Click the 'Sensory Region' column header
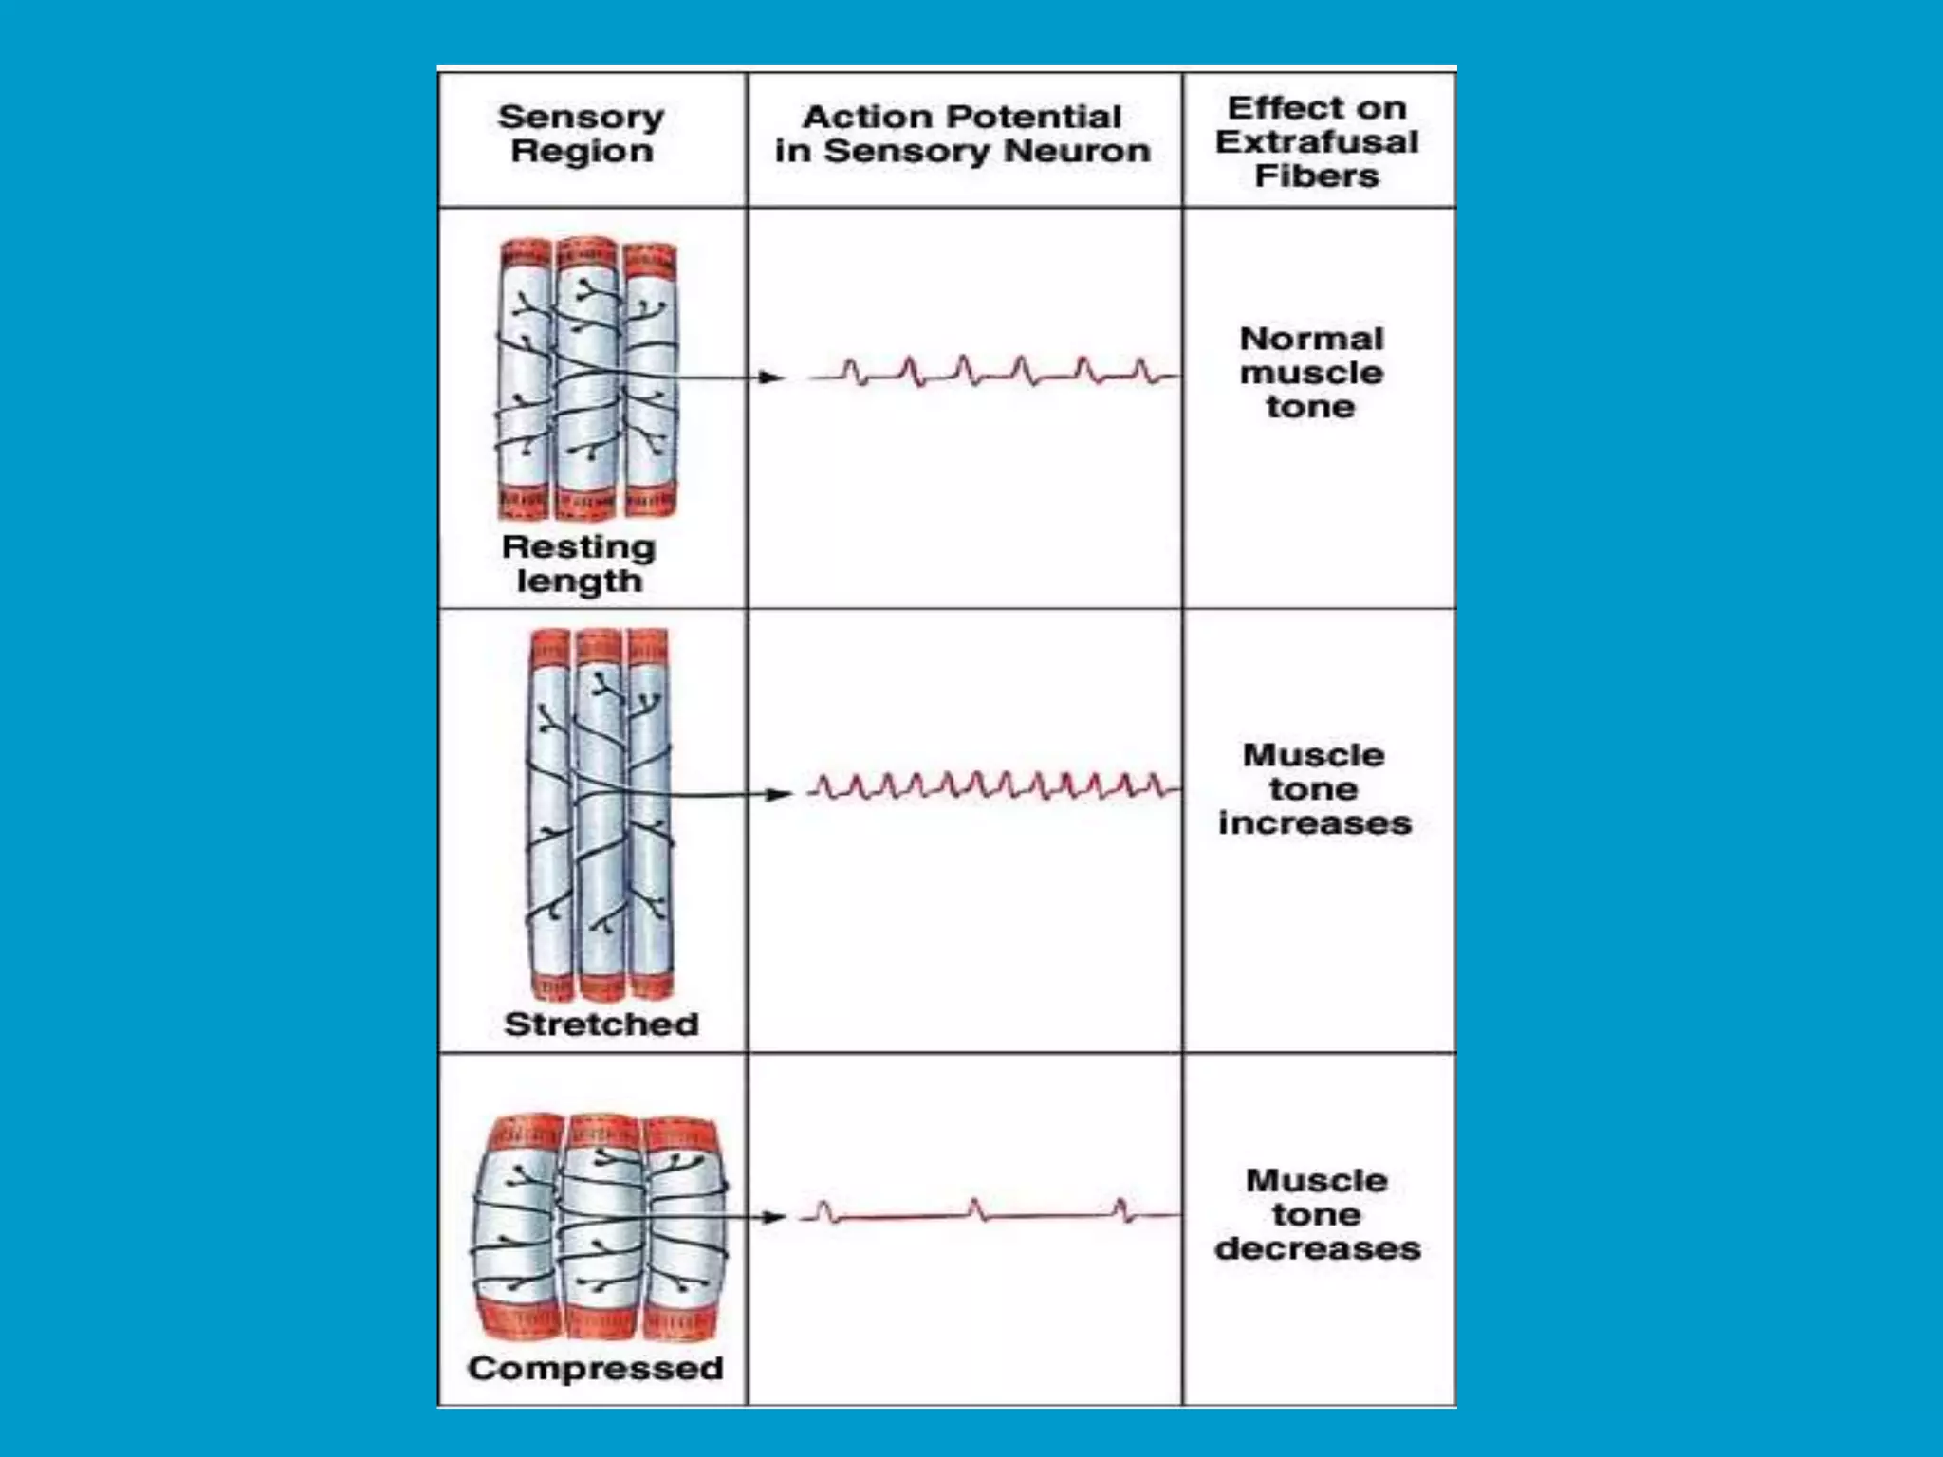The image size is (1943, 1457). pyautogui.click(x=581, y=134)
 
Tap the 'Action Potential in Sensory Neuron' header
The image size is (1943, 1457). pyautogui.click(x=962, y=134)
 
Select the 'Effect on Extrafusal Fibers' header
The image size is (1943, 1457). pyautogui.click(x=1317, y=141)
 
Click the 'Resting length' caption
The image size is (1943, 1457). pyautogui.click(x=579, y=563)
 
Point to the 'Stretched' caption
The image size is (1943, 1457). pyautogui.click(x=601, y=1024)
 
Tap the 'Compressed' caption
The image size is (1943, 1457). pyautogui.click(x=596, y=1368)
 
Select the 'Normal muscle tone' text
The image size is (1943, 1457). pyautogui.click(x=1312, y=372)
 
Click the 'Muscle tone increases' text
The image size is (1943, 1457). pyautogui.click(x=1315, y=788)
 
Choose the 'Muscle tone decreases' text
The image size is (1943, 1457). pyautogui.click(x=1318, y=1214)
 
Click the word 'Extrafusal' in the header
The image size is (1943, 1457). pyautogui.click(x=1317, y=142)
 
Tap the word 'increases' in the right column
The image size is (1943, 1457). pyautogui.click(x=1315, y=822)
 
